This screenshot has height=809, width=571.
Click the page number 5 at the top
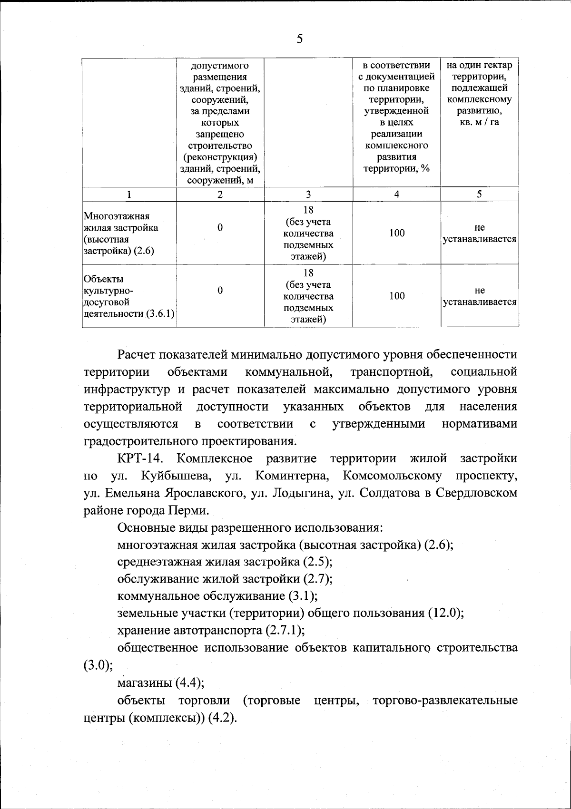299,39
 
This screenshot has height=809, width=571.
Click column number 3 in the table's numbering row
308,194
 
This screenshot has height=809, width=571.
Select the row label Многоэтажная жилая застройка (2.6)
121,233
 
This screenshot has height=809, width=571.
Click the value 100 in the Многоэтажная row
396,233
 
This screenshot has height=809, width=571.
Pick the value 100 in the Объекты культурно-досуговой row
396,296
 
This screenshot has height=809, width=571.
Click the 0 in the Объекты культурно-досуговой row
220,290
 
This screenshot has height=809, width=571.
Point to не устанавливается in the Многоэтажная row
480,233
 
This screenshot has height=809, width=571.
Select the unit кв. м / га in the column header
480,123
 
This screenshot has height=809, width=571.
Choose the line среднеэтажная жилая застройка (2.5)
225,562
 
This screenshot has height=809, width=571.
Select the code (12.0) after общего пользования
446,613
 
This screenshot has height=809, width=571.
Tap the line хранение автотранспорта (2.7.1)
211,630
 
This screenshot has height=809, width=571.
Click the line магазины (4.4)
161,683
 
